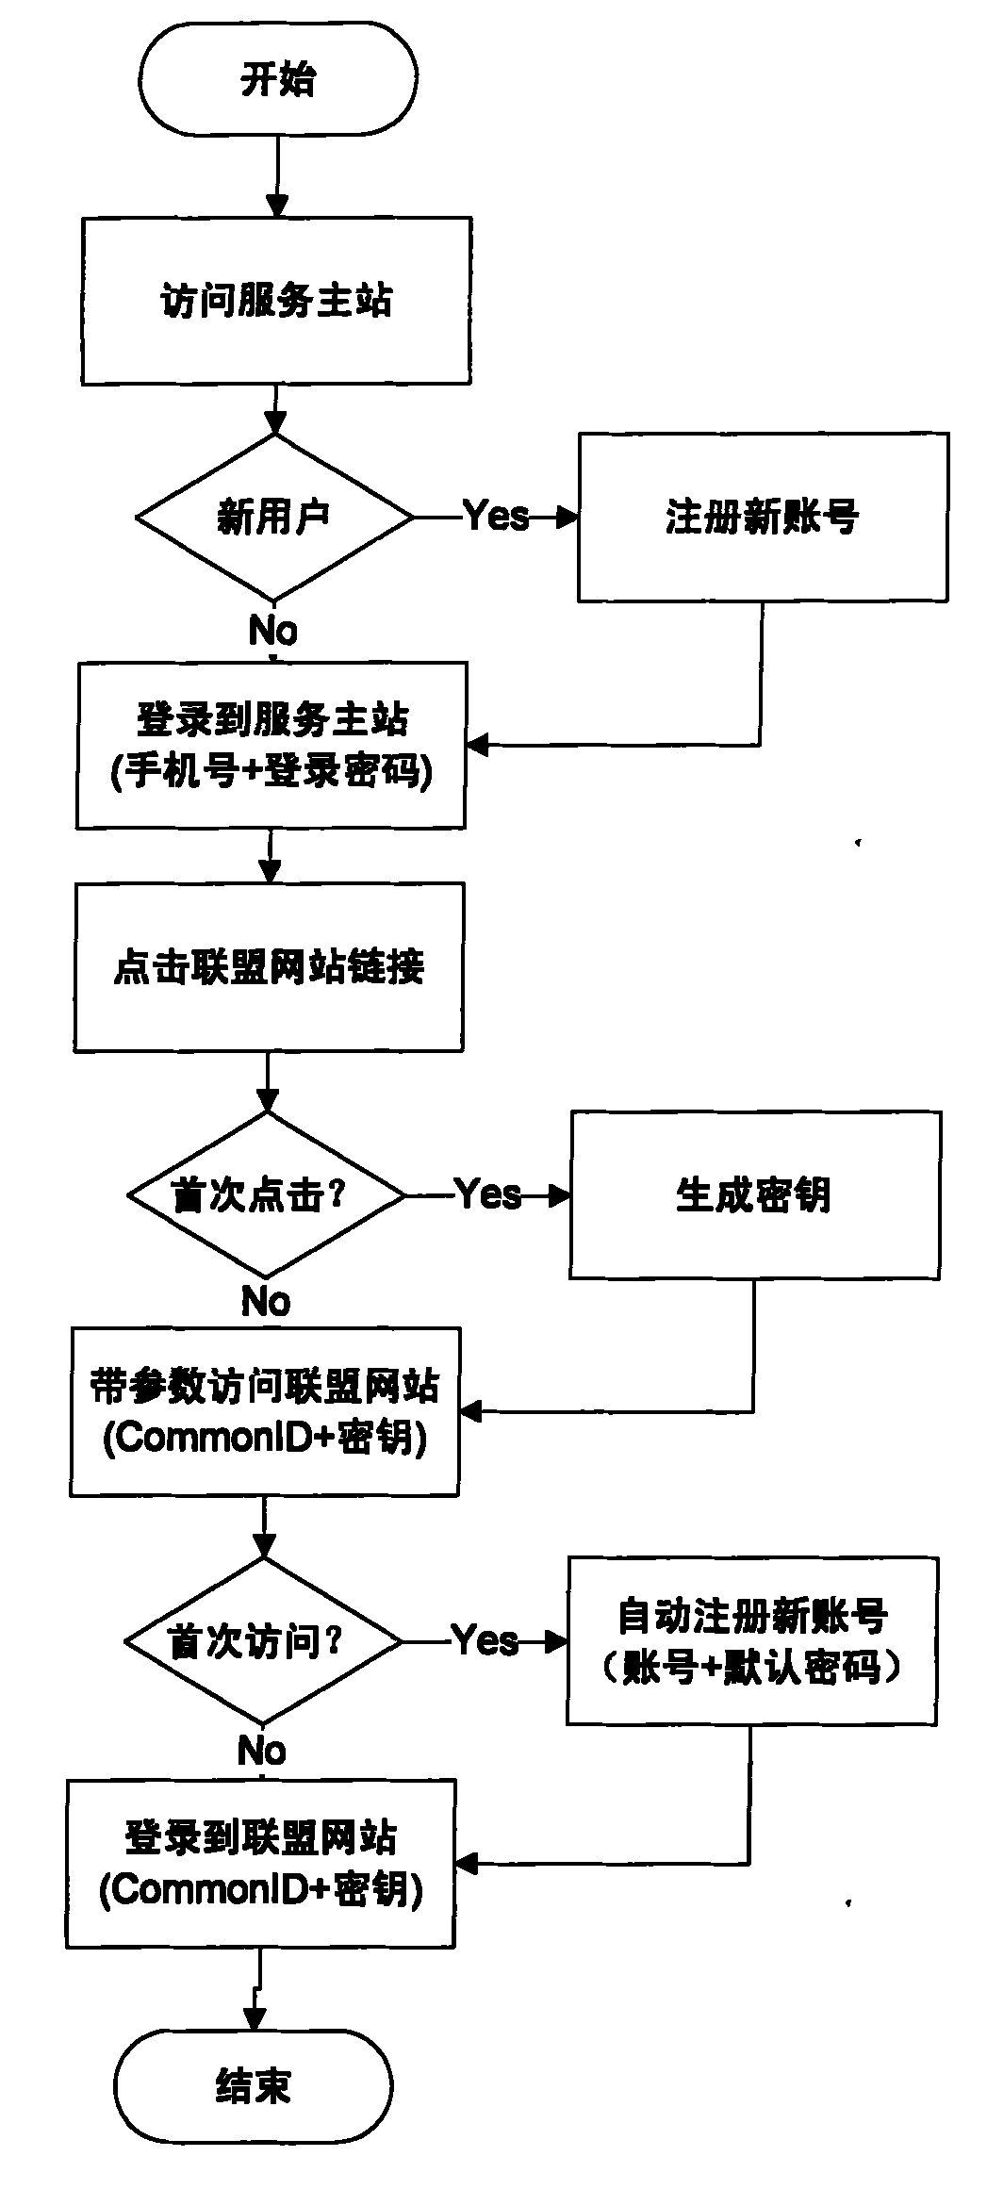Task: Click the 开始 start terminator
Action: (277, 79)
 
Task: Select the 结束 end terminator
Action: (253, 2087)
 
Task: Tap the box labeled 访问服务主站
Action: (276, 302)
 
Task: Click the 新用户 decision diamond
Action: (273, 517)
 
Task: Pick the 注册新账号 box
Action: (763, 517)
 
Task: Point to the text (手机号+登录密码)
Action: (271, 773)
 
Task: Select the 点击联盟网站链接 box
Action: (269, 967)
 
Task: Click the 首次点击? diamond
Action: (266, 1195)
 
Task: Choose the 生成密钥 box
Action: (754, 1195)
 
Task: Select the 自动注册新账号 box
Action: (751, 1616)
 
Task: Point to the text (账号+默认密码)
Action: (751, 1669)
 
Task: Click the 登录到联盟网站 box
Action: (260, 1838)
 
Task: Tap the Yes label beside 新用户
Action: (497, 516)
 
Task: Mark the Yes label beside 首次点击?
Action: (488, 1194)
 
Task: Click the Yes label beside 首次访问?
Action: (485, 1641)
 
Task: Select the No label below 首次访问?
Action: (262, 1752)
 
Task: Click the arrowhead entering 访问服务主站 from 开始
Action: (277, 206)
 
